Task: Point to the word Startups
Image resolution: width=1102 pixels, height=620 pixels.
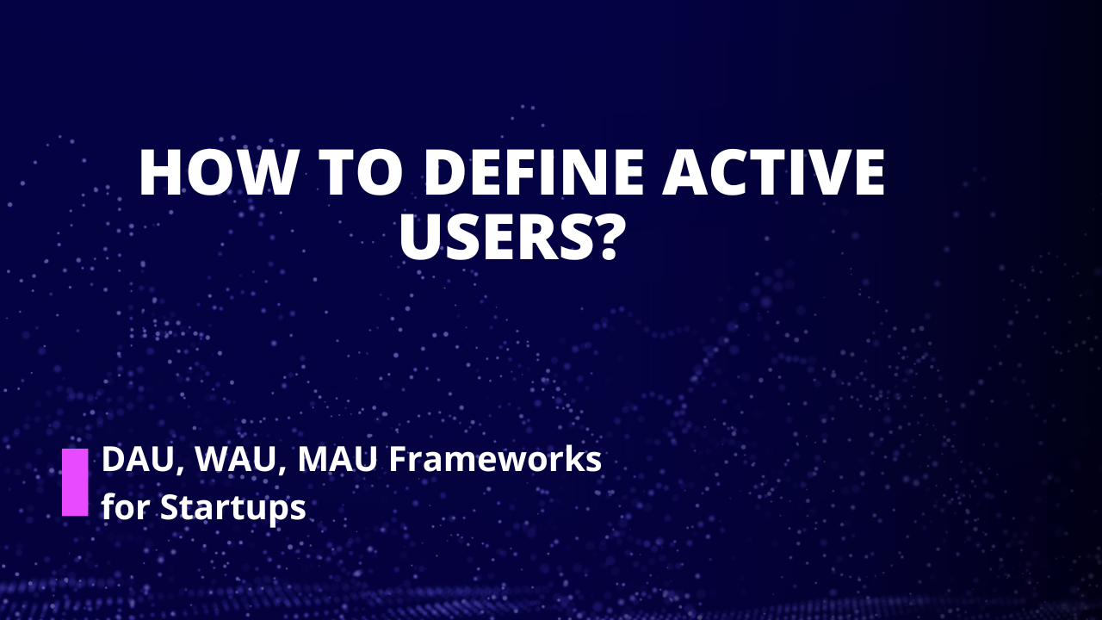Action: [232, 508]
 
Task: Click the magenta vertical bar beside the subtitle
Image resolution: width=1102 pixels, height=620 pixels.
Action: [75, 482]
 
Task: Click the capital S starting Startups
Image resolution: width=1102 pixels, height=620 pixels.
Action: [170, 507]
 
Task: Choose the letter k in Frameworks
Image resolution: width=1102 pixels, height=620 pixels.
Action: [569, 460]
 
